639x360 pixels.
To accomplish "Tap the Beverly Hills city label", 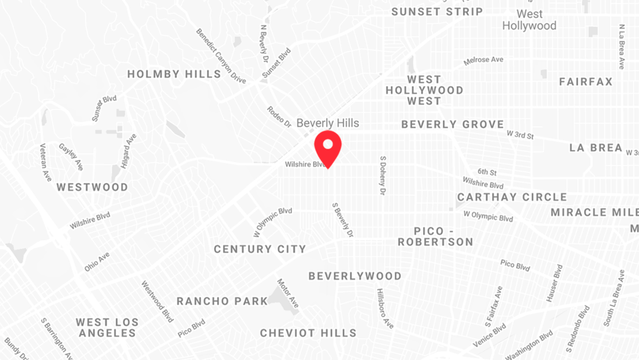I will tap(328, 123).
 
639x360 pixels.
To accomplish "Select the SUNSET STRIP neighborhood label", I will tap(437, 12).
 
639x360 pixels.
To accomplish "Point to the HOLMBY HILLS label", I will tap(174, 74).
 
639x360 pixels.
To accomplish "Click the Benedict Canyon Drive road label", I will tap(221, 56).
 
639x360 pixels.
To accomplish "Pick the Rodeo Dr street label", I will tap(279, 117).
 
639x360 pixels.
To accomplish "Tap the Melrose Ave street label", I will tap(483, 61).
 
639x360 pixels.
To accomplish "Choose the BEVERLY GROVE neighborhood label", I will tap(453, 125).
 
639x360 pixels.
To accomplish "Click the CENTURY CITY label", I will tap(260, 249).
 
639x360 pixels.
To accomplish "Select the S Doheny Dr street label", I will tap(383, 175).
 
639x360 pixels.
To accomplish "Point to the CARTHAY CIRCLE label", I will tap(512, 197).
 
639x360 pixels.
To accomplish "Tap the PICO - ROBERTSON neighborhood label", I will tap(436, 236).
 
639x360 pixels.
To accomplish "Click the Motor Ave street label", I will tap(288, 293).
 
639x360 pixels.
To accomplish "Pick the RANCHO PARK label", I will tap(222, 301).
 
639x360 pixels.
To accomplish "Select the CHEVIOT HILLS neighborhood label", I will tap(309, 333).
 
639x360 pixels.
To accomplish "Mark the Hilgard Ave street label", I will tap(129, 151).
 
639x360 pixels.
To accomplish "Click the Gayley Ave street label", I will tap(71, 157).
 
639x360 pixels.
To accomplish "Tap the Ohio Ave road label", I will tap(97, 262).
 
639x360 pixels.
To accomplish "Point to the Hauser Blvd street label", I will tap(555, 283).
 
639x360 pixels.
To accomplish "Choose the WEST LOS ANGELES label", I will tap(107, 328).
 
